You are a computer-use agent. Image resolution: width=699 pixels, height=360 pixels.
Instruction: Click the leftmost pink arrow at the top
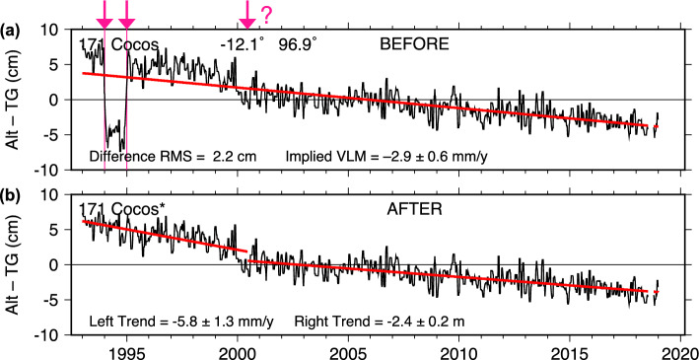105,14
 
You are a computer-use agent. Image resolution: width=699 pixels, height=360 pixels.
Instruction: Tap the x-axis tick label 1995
126,351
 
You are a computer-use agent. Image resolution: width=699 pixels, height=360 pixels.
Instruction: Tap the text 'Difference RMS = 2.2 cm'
176,156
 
